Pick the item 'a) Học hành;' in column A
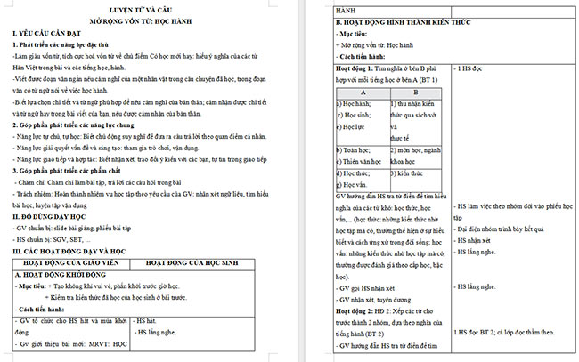tap(355, 104)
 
